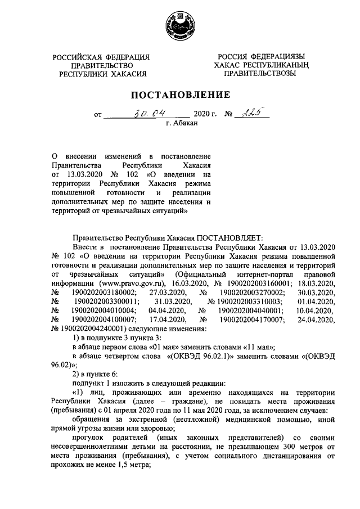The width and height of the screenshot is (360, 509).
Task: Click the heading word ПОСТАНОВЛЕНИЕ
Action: [x=180, y=94]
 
